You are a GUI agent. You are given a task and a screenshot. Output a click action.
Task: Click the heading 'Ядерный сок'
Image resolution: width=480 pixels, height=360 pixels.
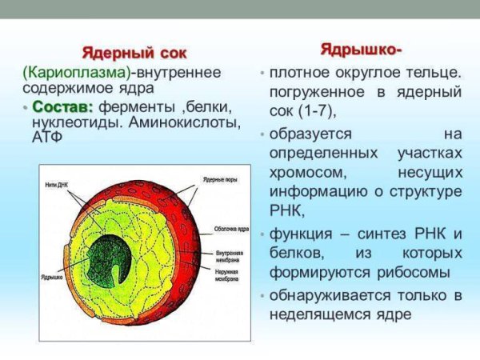[135, 54]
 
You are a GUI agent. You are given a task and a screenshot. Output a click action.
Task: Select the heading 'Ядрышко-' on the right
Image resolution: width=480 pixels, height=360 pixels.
[361, 49]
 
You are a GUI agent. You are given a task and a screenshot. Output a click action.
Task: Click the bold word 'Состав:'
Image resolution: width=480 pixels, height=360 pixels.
[63, 107]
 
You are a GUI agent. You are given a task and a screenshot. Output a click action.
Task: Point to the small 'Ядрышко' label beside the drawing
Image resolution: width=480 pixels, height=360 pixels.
[53, 276]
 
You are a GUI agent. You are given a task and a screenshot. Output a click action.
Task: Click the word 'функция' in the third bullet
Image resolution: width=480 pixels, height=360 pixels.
[302, 234]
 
